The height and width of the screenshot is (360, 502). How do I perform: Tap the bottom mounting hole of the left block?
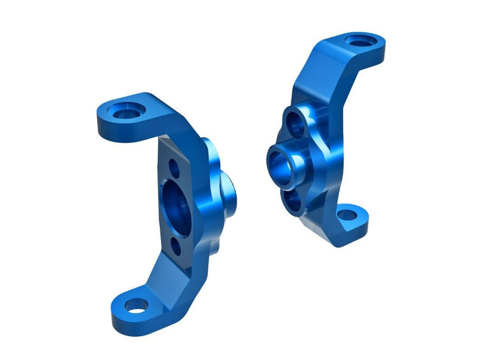134,309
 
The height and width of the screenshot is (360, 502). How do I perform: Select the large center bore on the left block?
176,201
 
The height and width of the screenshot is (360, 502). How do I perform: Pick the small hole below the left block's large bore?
176,245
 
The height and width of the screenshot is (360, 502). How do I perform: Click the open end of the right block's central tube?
281,162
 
